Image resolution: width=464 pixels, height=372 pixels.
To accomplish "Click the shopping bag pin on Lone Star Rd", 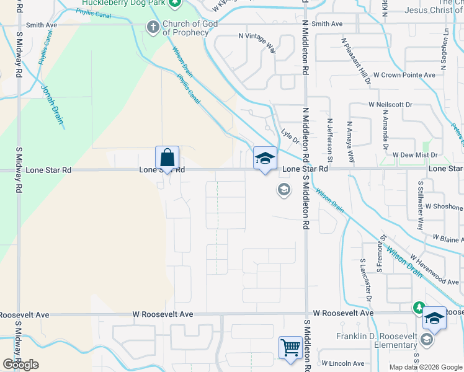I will pyautogui.click(x=167, y=157).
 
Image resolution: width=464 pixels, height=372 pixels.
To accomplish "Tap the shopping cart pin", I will pyautogui.click(x=290, y=348).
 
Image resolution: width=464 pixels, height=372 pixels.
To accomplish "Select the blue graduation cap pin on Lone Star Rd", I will pyautogui.click(x=264, y=159).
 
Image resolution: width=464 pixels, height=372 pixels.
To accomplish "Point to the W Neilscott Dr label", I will pyautogui.click(x=390, y=105).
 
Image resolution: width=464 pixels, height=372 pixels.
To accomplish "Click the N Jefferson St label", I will pyautogui.click(x=330, y=141).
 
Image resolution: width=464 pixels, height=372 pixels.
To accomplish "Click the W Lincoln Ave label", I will pyautogui.click(x=343, y=363).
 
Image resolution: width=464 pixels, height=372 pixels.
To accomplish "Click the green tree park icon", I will pyautogui.click(x=419, y=308).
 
